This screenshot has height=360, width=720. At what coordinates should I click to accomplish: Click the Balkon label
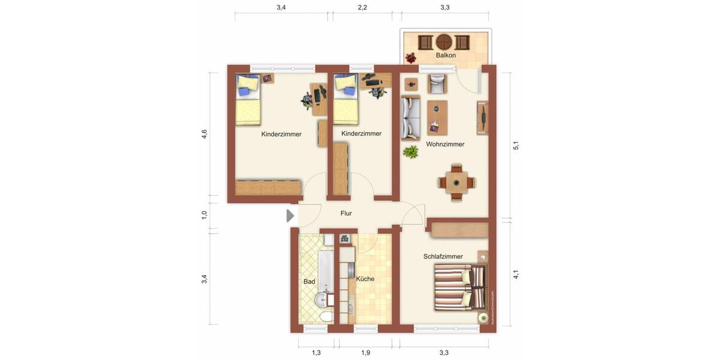[446, 55]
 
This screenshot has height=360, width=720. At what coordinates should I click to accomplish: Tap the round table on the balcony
[444, 42]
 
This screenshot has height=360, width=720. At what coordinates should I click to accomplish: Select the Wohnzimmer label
[445, 144]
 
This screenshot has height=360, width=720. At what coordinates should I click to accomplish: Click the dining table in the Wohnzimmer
[456, 181]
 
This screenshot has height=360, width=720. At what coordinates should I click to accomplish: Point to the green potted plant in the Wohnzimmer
[411, 152]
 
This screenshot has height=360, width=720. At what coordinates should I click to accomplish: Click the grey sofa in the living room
[410, 118]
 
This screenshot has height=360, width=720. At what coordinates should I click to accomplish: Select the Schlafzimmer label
[443, 256]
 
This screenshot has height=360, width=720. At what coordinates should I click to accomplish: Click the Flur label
[346, 213]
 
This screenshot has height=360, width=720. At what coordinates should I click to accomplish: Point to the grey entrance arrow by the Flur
[290, 215]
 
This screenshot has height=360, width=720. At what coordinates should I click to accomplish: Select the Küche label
[365, 279]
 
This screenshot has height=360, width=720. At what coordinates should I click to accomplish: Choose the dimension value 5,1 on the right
[516, 146]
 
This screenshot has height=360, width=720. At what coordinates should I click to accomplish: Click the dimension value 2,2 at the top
[362, 8]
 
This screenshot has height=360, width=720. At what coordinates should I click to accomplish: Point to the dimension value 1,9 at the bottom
[365, 353]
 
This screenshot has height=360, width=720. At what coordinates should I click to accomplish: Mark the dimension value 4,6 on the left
[205, 134]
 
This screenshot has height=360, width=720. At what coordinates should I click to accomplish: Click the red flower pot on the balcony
[411, 58]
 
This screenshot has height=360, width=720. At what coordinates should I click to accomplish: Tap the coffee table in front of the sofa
[437, 118]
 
